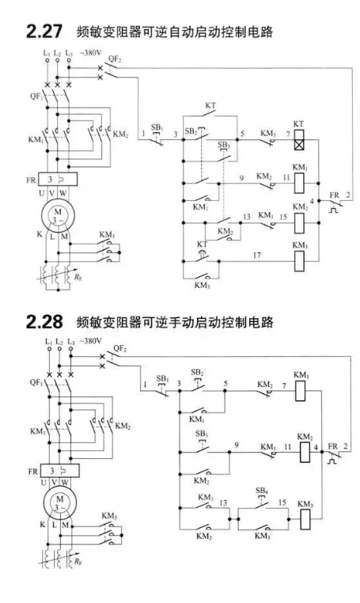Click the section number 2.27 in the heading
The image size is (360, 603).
pos(44,31)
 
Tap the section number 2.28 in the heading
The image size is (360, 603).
pos(44,321)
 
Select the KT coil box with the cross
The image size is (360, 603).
pos(298,139)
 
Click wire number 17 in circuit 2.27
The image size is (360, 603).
pos(256,255)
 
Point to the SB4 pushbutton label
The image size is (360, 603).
pos(262,491)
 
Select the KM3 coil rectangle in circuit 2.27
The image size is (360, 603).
pos(299,260)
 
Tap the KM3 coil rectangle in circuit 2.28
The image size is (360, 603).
pos(305,520)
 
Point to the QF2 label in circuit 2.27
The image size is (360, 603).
pos(115,59)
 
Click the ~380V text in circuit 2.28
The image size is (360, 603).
pos(91,341)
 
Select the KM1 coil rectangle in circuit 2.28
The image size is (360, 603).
pos(301,391)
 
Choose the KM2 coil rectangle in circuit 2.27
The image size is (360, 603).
pos(299,223)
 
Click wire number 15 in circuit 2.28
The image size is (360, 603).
pos(282,502)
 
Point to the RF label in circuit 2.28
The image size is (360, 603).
pos(78,562)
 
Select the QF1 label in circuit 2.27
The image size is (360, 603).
pos(36,96)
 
